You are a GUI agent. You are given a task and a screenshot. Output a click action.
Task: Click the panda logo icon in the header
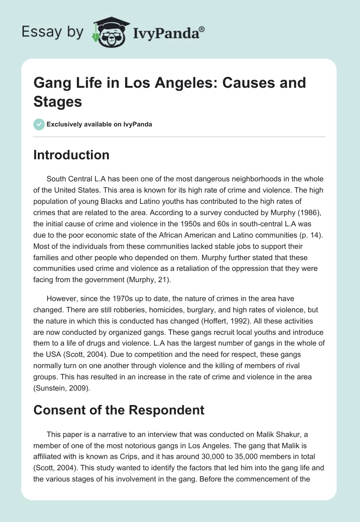108,31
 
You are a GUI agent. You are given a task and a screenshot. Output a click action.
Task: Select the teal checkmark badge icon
39,124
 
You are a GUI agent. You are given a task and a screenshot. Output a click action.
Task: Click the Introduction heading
71,155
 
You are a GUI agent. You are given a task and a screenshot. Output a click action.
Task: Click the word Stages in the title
58,102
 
